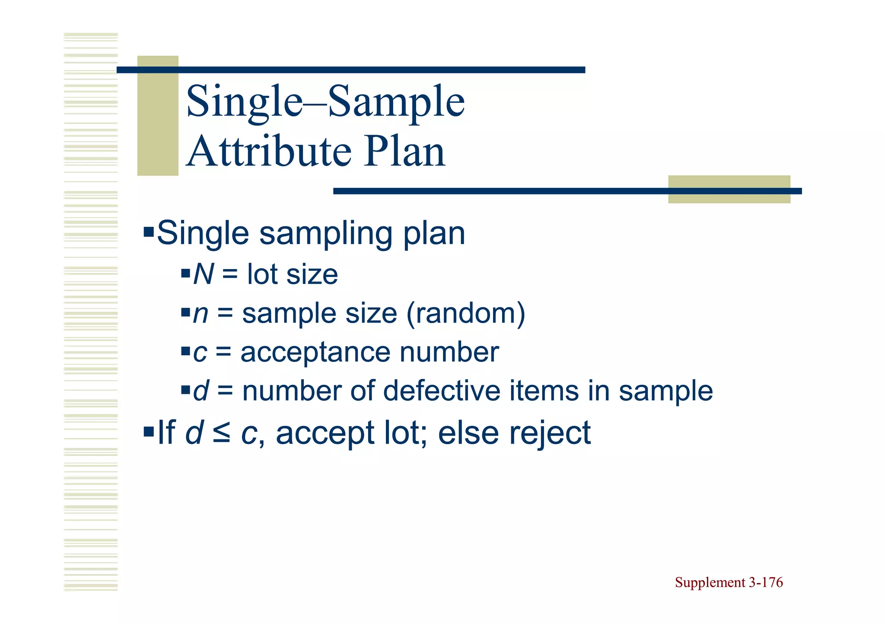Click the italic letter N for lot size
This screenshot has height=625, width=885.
tap(203, 274)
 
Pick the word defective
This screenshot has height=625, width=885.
tap(442, 391)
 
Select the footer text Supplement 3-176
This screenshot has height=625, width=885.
tap(729, 582)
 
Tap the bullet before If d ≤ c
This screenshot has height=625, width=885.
tap(149, 431)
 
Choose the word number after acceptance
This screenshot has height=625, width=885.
tap(449, 352)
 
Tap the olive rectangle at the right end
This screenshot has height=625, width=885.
tap(729, 189)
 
